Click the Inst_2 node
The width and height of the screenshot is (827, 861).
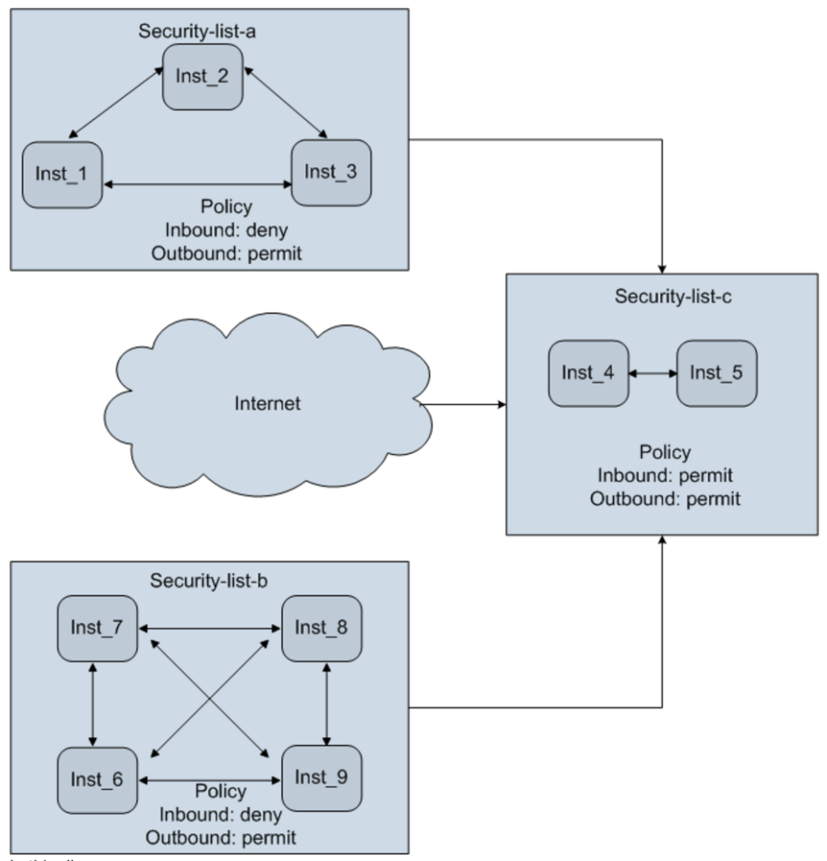click(203, 77)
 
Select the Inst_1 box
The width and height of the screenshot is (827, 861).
click(62, 175)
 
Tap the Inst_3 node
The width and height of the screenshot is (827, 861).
click(331, 172)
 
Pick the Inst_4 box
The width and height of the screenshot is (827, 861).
click(588, 373)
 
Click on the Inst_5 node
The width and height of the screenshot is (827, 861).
click(717, 373)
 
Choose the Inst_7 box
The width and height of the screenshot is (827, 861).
click(97, 628)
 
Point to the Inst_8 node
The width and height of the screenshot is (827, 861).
click(321, 628)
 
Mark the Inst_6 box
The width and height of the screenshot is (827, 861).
click(97, 779)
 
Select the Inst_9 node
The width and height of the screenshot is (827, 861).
click(321, 778)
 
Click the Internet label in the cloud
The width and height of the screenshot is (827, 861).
click(267, 404)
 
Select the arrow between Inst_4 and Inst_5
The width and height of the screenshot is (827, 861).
click(653, 372)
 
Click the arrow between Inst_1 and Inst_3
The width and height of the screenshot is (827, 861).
click(196, 183)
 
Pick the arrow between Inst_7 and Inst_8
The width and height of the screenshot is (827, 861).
click(209, 628)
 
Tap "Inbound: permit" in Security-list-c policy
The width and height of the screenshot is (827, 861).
click(665, 476)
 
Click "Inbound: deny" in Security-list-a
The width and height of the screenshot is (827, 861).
click(225, 230)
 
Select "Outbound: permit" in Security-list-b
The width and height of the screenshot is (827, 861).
click(220, 837)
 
